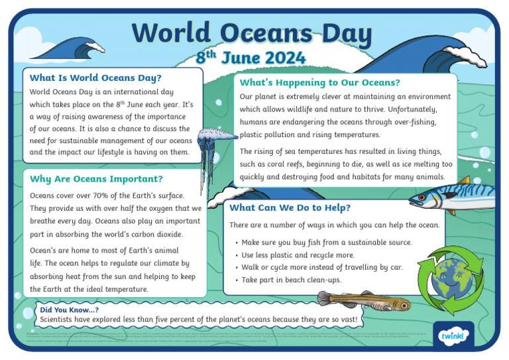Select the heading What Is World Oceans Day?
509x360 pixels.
95,78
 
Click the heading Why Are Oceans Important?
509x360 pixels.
96,179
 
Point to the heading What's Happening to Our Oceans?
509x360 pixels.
319,83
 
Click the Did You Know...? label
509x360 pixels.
69,310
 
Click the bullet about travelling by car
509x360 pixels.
321,267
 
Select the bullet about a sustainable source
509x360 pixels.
326,243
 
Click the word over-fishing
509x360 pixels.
414,122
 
